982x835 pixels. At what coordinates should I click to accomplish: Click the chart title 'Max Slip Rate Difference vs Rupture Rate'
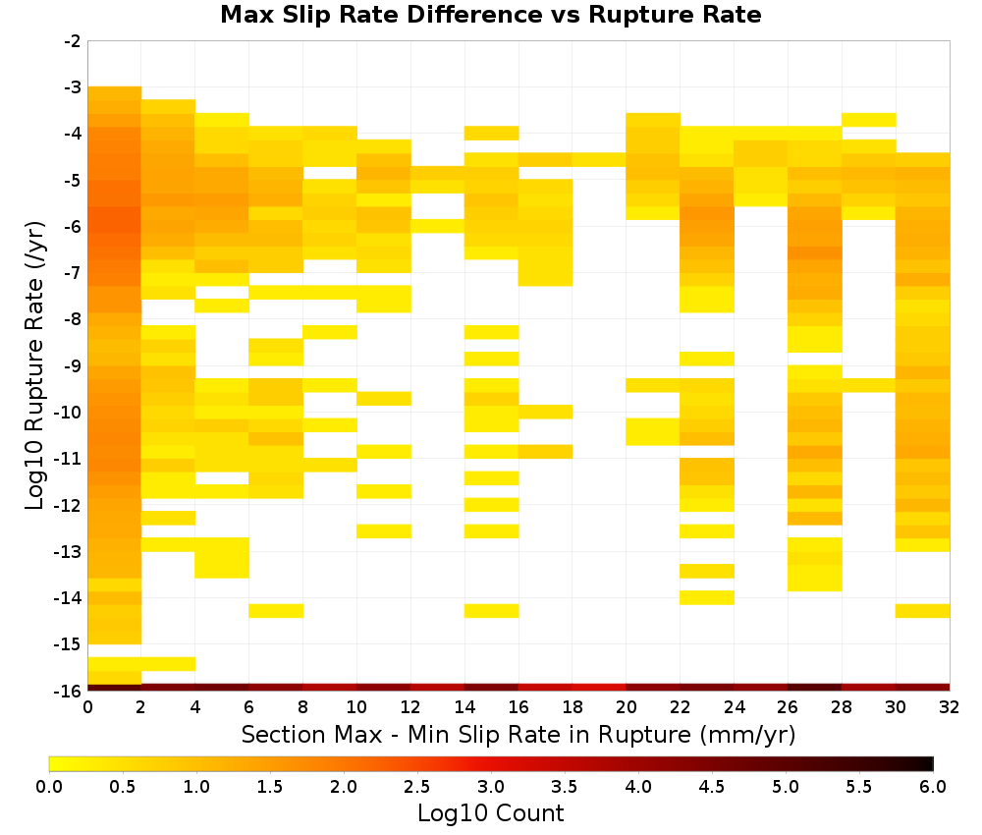(490, 15)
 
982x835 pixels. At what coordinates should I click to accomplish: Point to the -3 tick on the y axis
(73, 87)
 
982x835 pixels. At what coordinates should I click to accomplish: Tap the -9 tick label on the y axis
(73, 365)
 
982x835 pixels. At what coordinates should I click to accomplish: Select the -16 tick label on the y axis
(70, 691)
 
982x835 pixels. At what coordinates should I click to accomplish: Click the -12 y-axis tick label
(70, 505)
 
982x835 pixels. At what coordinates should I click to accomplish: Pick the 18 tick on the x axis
(573, 707)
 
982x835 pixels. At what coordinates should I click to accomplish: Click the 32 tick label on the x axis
(950, 707)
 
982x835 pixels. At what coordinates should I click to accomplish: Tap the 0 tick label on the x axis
(87, 707)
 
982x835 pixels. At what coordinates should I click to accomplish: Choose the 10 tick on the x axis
(357, 707)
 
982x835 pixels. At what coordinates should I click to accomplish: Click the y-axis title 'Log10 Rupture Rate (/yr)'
(34, 365)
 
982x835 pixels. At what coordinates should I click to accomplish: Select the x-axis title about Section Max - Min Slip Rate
(518, 735)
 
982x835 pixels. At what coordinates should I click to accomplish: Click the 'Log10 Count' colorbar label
(490, 813)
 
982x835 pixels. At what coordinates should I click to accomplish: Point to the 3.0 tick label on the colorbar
(491, 787)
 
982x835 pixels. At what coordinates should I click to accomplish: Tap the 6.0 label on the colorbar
(933, 787)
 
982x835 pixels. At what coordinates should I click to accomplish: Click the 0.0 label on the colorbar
(49, 787)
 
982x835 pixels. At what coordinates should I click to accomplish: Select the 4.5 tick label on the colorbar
(712, 787)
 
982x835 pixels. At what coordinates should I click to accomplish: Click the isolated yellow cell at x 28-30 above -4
(869, 120)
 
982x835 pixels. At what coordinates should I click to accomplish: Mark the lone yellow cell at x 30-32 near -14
(922, 611)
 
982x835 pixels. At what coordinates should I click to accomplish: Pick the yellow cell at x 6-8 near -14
(276, 611)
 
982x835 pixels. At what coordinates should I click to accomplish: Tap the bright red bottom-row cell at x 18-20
(599, 688)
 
